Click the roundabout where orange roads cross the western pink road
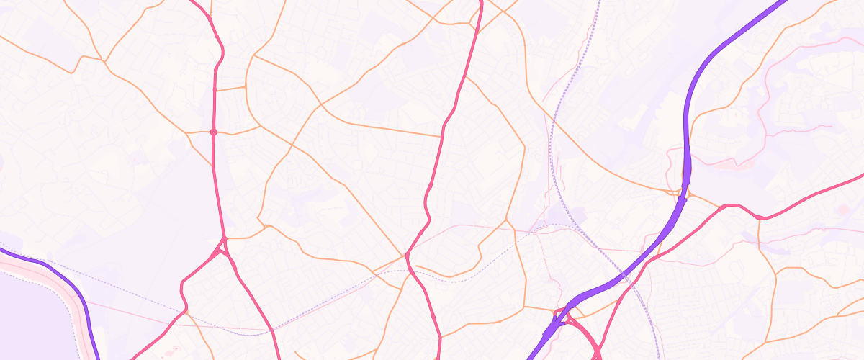pyautogui.click(x=213, y=132)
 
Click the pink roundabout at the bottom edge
pyautogui.click(x=597, y=353)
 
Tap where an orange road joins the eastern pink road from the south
pyautogui.click(x=760, y=218)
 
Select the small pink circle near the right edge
pyautogui.click(x=842, y=210)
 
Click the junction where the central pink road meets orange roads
pyautogui.click(x=408, y=255)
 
